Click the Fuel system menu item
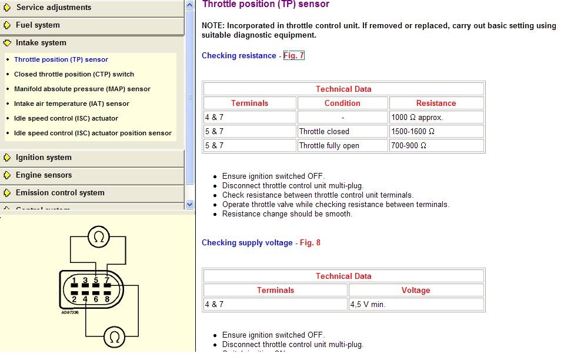(x=38, y=25)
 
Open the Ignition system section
(x=44, y=158)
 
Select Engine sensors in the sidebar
(x=44, y=175)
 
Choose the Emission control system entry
(x=60, y=193)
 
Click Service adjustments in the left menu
(x=54, y=8)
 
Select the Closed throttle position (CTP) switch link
(x=74, y=74)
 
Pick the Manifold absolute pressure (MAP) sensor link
(x=82, y=89)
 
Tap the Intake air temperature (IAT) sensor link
(x=72, y=104)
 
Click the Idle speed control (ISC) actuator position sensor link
(x=93, y=133)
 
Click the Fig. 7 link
(x=294, y=56)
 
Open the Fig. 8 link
(x=310, y=243)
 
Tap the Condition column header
(x=342, y=103)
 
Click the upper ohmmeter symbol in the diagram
(x=98, y=237)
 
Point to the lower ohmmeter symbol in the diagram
(x=114, y=337)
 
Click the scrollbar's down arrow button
(x=189, y=204)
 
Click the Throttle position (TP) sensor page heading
(x=265, y=5)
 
